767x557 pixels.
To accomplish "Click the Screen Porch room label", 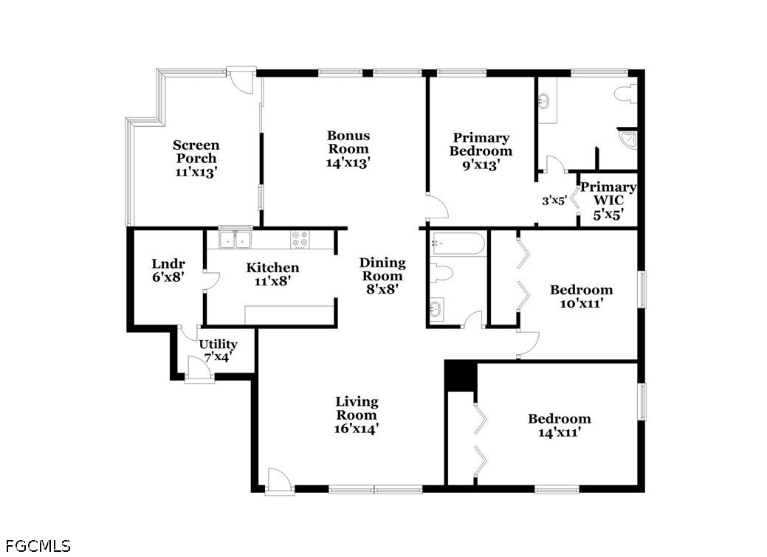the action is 196,151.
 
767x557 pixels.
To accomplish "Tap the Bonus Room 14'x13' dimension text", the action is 348,162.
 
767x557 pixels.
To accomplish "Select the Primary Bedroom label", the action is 481,145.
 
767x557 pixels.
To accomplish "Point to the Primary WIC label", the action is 608,193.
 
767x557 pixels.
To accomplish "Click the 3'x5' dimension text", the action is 554,201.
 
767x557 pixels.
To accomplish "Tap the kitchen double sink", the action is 235,240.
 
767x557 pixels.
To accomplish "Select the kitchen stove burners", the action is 300,239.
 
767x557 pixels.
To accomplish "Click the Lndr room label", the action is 168,264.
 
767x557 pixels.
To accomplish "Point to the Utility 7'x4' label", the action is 218,350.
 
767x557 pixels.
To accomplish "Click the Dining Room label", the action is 382,269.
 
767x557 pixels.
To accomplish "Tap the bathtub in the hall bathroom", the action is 458,243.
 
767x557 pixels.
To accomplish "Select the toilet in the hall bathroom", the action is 441,273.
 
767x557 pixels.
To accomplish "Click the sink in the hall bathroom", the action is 436,309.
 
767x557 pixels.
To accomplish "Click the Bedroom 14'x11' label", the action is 560,426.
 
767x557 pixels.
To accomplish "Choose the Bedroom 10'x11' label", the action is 581,297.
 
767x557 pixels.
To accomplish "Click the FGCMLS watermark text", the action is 38,546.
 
